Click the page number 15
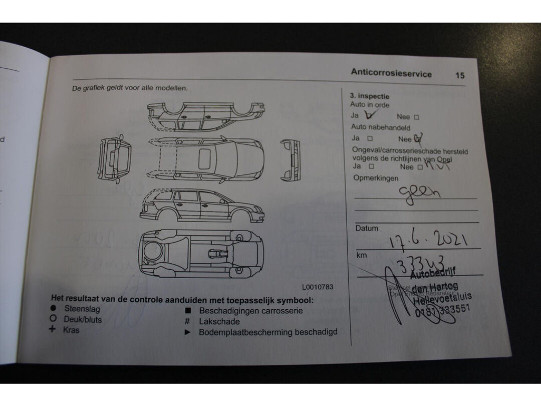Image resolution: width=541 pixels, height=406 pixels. click(460, 75)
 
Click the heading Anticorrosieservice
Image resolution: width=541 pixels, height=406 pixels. click(391, 73)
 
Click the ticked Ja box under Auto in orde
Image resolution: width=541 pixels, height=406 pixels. click(371, 115)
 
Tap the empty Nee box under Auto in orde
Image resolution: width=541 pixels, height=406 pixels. click(416, 117)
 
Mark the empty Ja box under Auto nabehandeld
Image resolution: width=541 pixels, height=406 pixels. click(370, 138)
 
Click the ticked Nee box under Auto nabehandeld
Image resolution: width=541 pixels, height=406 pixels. click(418, 138)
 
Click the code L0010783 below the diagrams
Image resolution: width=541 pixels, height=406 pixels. click(317, 287)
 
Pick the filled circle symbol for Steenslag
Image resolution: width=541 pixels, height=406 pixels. click(53, 309)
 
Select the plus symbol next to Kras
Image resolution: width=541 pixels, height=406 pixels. click(52, 329)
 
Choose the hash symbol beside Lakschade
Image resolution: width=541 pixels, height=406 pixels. click(187, 321)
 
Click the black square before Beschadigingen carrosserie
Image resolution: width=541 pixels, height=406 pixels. click(187, 311)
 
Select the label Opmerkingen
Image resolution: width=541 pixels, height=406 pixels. click(376, 178)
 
